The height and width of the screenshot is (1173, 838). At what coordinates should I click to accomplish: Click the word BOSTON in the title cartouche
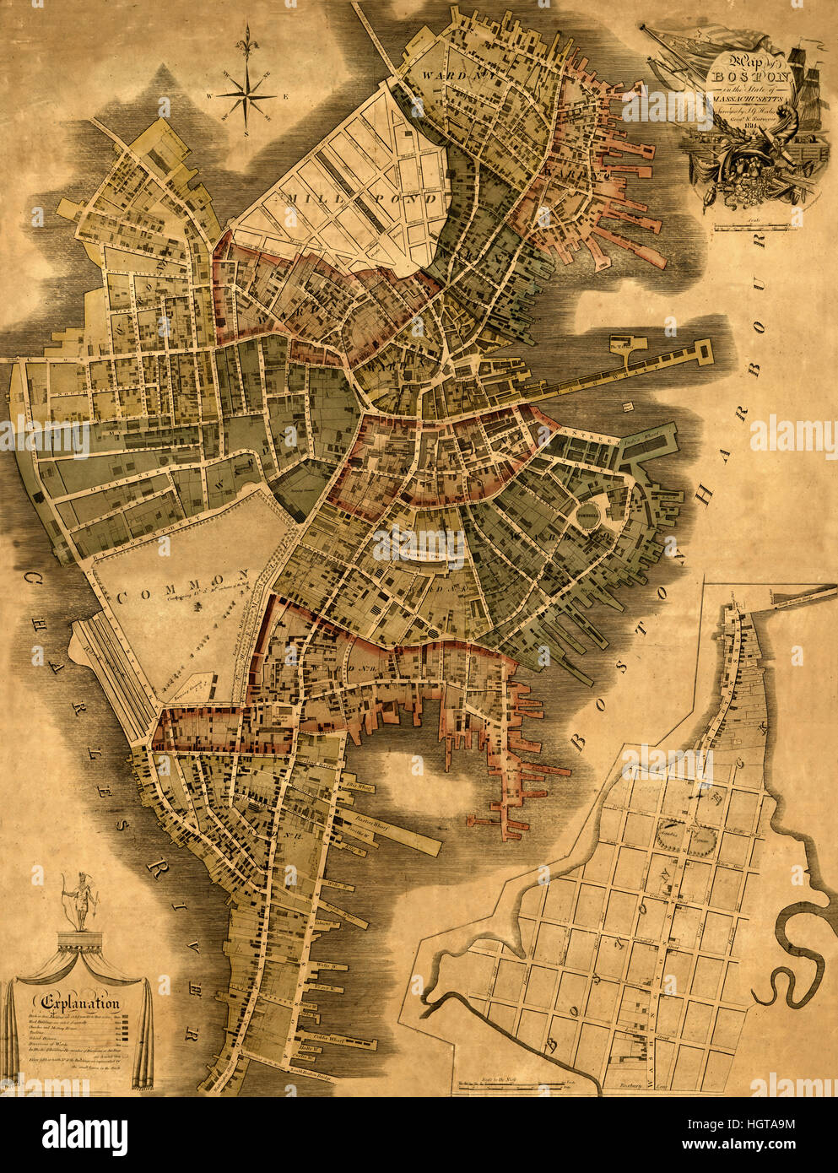click(737, 74)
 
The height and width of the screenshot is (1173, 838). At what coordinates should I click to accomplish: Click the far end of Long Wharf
click(702, 347)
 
